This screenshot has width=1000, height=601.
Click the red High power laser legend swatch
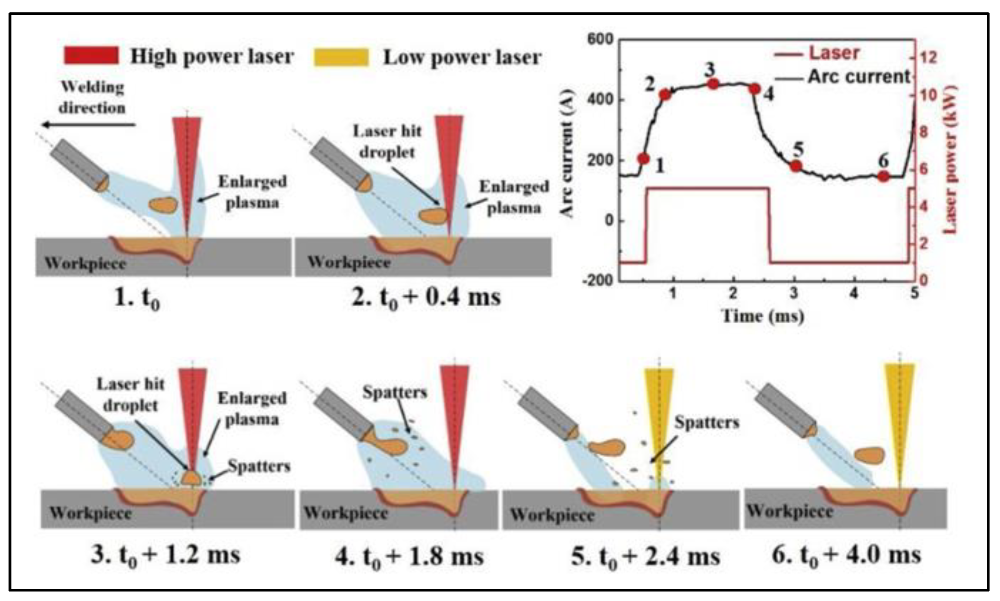pos(91,55)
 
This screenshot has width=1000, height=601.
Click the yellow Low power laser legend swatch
pos(341,57)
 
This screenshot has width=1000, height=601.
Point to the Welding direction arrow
pos(88,125)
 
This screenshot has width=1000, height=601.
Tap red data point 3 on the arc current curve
pos(713,84)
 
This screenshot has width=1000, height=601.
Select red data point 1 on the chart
pos(643,159)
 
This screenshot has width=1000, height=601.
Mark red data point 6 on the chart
pos(883,176)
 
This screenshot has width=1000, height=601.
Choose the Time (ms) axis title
pos(763,316)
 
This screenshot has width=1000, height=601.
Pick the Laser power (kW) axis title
pos(950,159)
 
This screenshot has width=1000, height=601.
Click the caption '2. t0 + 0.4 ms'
pos(426,298)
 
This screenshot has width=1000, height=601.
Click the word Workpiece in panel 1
pos(85,263)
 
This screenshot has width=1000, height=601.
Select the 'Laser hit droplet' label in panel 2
pos(387,141)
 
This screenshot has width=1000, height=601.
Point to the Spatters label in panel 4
pos(395,392)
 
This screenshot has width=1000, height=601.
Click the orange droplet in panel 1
pos(163,205)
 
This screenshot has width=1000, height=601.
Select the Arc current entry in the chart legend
pos(858,76)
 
